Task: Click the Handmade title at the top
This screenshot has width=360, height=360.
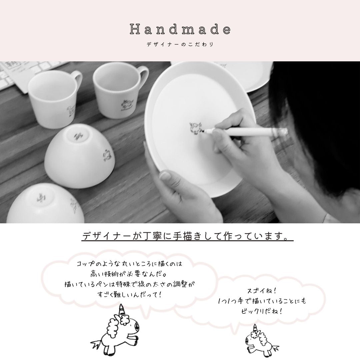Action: (x=180, y=29)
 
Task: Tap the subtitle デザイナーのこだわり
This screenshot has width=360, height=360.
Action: (x=180, y=44)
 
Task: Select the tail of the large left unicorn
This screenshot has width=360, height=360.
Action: (x=96, y=344)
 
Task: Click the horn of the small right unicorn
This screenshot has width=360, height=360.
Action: (x=255, y=328)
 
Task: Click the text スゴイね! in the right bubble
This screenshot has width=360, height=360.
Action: (x=262, y=291)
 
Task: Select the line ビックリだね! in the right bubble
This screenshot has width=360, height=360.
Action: (x=262, y=311)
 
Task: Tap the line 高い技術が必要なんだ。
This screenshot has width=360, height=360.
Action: (x=128, y=274)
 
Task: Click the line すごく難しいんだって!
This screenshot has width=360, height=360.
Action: (x=130, y=294)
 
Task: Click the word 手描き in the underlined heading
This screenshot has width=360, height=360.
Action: (x=186, y=236)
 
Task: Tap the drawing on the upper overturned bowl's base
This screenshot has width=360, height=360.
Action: (x=79, y=136)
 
